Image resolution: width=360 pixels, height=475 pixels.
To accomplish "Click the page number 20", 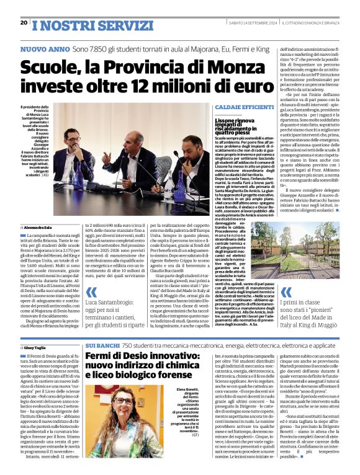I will pyautogui.click(x=24, y=22).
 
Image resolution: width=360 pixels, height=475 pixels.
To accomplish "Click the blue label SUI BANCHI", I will pyautogui.click(x=100, y=344).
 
